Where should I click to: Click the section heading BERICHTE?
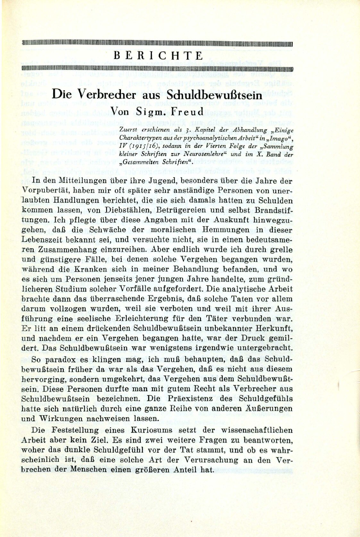[x=158, y=56]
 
